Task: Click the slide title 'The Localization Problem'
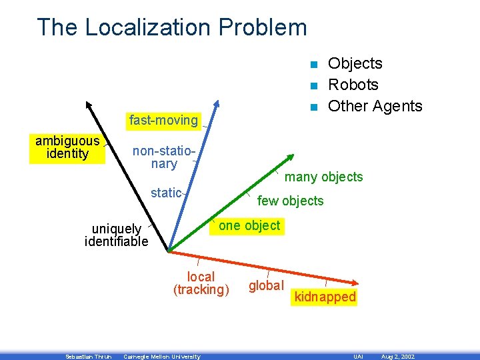[172, 27]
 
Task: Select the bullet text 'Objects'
[355, 63]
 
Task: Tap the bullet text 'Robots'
[353, 85]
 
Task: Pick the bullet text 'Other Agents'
[375, 106]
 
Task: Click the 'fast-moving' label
[163, 121]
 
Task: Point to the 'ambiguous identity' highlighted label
[67, 147]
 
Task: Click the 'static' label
[166, 193]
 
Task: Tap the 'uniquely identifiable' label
[117, 235]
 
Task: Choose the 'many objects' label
[324, 177]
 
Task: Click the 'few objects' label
[290, 201]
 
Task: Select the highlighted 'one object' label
[249, 225]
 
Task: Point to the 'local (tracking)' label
[201, 283]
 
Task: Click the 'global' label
[266, 286]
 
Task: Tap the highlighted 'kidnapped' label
[325, 297]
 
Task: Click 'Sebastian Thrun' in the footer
[88, 357]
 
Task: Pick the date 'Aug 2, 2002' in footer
[397, 357]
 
